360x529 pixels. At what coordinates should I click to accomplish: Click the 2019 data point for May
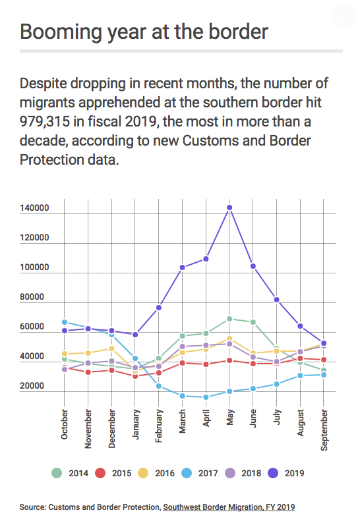[x=229, y=208]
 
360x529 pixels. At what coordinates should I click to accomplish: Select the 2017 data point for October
[x=65, y=322]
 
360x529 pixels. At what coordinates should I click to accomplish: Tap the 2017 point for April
[x=206, y=397]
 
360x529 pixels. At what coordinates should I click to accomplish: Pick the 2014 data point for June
[x=253, y=322]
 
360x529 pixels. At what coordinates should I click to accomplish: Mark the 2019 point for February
[x=159, y=308]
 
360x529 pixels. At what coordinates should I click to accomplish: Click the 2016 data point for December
[x=111, y=348]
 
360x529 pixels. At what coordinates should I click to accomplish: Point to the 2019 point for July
[x=276, y=300]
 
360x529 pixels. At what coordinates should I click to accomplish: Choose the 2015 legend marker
[x=100, y=473]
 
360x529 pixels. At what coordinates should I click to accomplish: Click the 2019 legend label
[x=295, y=474]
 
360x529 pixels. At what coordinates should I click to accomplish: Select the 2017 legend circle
[x=187, y=473]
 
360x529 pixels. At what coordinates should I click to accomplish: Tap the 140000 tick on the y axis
[x=34, y=208]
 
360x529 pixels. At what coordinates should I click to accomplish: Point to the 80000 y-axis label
[x=32, y=297]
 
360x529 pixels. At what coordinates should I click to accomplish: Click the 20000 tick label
[x=32, y=385]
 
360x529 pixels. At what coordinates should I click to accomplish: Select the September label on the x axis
[x=324, y=430]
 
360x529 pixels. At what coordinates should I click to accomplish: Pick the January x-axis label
[x=135, y=424]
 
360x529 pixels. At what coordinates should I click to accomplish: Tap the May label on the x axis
[x=230, y=417]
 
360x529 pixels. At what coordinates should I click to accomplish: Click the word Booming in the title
[x=61, y=32]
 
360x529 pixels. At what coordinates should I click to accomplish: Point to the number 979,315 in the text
[x=45, y=122]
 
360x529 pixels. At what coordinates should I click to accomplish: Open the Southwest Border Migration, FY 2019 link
[x=229, y=507]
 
